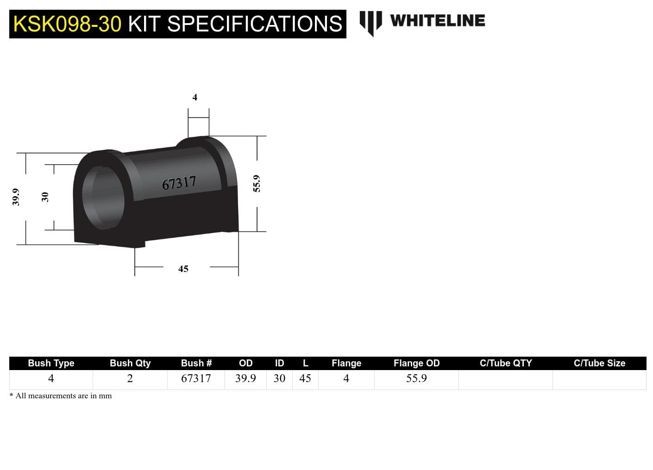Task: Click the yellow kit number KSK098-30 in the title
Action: [67, 24]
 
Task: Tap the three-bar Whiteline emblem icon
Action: [370, 22]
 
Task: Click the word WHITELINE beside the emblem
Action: [437, 21]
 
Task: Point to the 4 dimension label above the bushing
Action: [195, 97]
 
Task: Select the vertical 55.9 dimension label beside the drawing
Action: [257, 184]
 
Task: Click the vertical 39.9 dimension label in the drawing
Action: [16, 197]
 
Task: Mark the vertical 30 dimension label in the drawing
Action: [45, 197]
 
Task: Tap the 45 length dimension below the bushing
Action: [183, 269]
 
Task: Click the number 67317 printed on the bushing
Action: [179, 183]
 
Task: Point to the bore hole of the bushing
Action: [103, 197]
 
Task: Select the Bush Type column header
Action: [51, 363]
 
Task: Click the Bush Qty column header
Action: [130, 363]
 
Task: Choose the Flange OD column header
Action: [416, 363]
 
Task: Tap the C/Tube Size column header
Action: [599, 363]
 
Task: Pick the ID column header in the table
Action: [279, 363]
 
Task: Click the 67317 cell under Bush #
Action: [196, 378]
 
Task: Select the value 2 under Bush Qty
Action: [130, 378]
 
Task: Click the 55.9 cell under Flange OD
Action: [416, 378]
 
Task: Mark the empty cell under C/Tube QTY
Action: [505, 379]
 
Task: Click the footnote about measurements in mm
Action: [61, 396]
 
